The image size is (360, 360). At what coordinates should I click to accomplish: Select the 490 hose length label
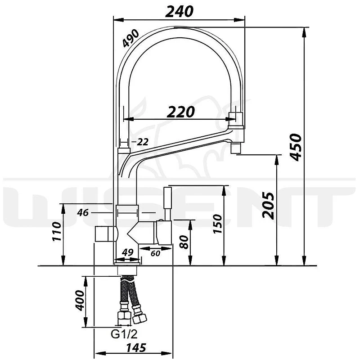click(130, 38)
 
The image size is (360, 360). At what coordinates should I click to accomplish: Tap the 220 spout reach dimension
click(181, 112)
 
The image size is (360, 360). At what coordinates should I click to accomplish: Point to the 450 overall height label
click(295, 147)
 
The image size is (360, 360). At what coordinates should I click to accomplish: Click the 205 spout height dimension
click(268, 205)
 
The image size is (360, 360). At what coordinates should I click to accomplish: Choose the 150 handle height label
click(218, 224)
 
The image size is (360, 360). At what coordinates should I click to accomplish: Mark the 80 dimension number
click(184, 242)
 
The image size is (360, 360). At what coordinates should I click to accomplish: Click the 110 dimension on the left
click(57, 231)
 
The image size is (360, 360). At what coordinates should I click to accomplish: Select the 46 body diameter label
click(83, 213)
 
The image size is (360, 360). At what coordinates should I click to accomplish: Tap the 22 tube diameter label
click(143, 142)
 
